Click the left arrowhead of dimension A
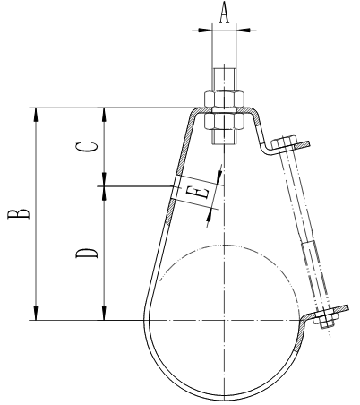[204, 28]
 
